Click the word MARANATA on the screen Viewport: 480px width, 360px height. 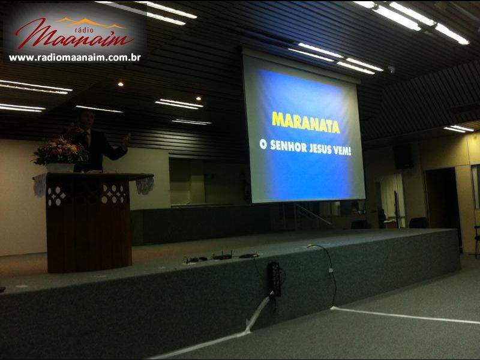(x=305, y=122)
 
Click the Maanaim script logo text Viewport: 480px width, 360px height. (x=74, y=36)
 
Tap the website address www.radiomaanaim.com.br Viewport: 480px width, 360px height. (x=75, y=58)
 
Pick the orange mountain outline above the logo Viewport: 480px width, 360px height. (x=91, y=22)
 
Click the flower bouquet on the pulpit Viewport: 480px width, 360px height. (x=60, y=152)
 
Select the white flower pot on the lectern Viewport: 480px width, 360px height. (x=60, y=168)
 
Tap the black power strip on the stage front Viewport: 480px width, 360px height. (x=274, y=279)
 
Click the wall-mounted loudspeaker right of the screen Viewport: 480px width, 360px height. (x=403, y=157)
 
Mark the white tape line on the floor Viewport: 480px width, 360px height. (x=404, y=316)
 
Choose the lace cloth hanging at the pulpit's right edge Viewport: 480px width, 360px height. (x=145, y=185)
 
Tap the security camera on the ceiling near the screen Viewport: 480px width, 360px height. (x=391, y=70)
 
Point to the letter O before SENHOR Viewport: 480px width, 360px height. (x=263, y=143)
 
